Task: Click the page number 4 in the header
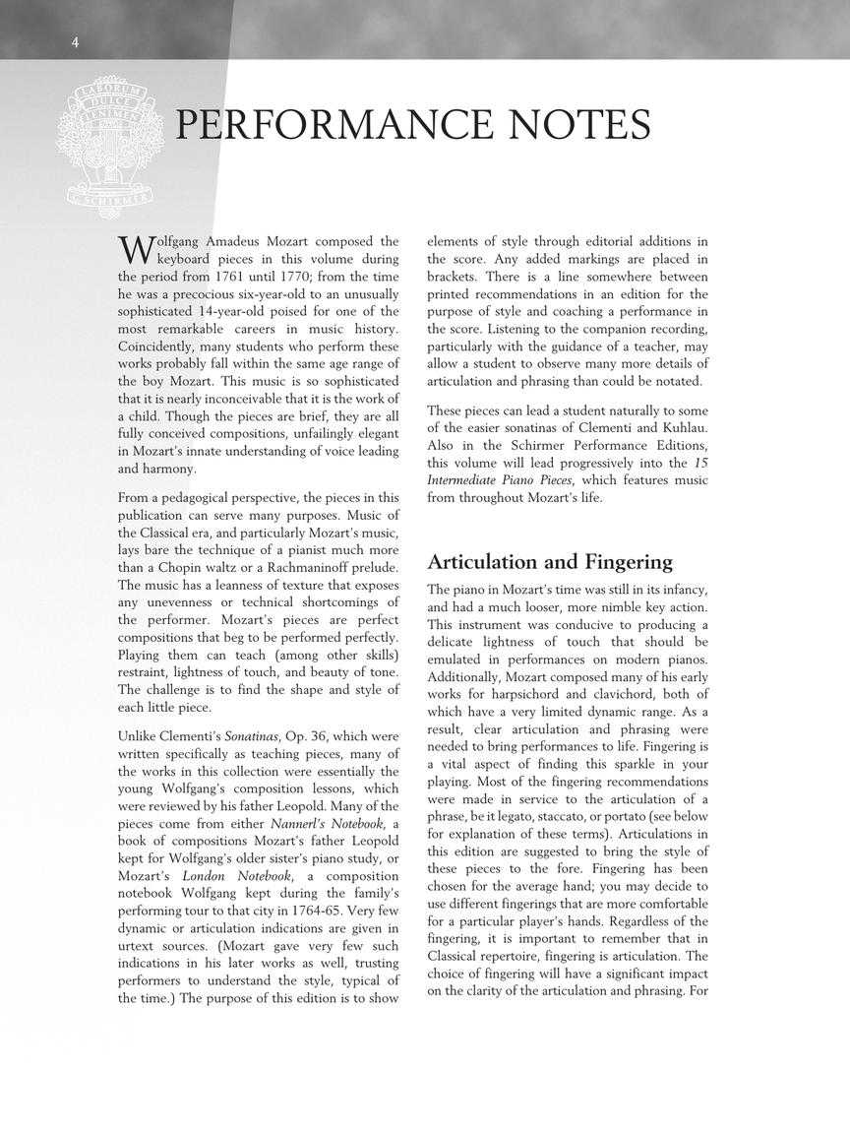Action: click(75, 41)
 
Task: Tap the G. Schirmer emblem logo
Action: click(110, 145)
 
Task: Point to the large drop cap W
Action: click(135, 249)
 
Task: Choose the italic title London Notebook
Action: click(236, 875)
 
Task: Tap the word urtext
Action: click(137, 946)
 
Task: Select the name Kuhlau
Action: click(678, 427)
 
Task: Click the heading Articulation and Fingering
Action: click(550, 562)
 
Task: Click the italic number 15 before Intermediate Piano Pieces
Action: click(700, 463)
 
